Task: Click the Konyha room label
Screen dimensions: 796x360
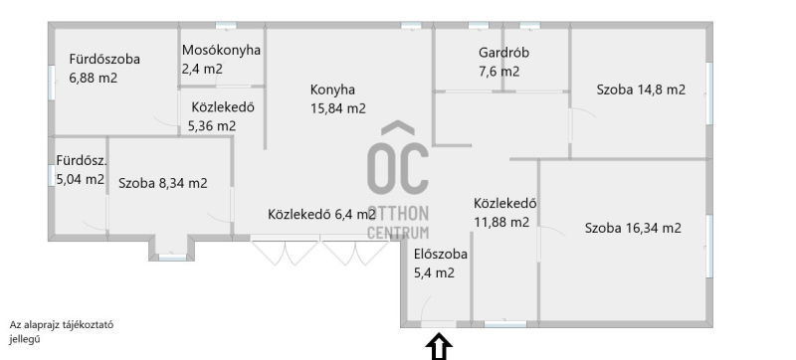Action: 332,90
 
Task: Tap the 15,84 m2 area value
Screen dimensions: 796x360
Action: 338,109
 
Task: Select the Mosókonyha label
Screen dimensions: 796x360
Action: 221,50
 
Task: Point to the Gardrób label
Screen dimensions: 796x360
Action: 503,53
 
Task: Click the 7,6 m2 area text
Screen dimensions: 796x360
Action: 498,72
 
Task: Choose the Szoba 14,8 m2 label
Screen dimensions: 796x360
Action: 641,90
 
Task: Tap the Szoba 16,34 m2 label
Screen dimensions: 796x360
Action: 633,228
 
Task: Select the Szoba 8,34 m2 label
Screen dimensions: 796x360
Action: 163,183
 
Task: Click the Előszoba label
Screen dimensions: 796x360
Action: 440,254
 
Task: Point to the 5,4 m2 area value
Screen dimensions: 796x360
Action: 434,273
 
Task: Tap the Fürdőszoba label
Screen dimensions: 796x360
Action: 104,60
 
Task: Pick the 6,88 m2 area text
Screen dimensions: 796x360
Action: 93,79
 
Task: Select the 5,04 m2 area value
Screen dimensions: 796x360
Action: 81,179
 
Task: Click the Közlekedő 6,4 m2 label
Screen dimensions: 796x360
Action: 321,215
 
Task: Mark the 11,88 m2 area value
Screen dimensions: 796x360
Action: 501,222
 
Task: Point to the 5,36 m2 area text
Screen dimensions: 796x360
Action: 212,125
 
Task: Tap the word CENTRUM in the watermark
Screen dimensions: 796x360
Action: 398,233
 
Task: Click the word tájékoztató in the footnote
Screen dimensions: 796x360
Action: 88,325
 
